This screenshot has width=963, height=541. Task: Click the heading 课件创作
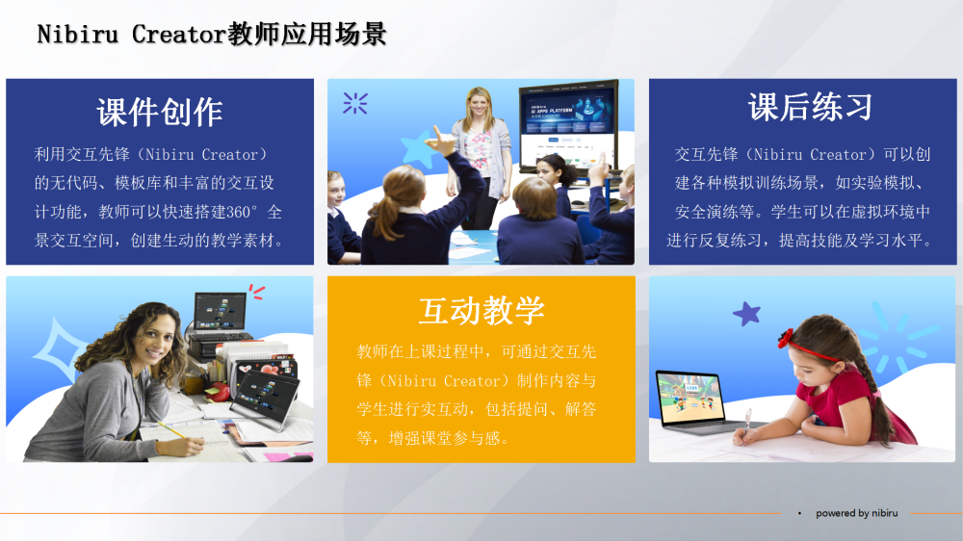coord(160,113)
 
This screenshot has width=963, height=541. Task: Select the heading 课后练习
coord(810,107)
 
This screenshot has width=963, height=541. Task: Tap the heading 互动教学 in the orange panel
coord(481,310)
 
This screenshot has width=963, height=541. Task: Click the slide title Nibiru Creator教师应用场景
coord(212,34)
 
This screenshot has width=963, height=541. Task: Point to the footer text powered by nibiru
coord(857,513)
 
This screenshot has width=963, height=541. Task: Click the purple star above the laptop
coord(747,314)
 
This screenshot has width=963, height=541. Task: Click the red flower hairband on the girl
coord(786,338)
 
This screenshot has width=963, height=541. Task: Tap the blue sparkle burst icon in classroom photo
coord(355,103)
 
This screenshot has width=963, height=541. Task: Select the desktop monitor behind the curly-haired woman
coord(220,311)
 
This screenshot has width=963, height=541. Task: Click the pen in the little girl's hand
coord(746,424)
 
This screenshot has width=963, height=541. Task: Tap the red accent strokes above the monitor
coord(257,291)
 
